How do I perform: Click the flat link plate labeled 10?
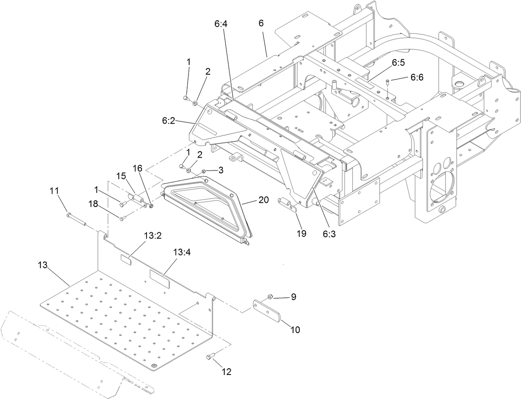tap(268, 311)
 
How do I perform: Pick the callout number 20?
tap(263, 199)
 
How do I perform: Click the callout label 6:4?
tap(221, 24)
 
